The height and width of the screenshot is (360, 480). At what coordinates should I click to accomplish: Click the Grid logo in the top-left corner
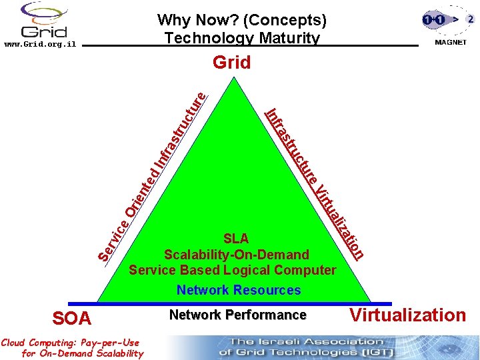(x=44, y=20)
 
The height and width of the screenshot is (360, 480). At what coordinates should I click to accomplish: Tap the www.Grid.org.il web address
(x=40, y=45)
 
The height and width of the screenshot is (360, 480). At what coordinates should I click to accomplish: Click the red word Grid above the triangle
(x=231, y=63)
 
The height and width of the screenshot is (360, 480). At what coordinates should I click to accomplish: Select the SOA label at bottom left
(x=71, y=319)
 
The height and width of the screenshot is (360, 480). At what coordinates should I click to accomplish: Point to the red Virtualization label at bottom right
(x=408, y=315)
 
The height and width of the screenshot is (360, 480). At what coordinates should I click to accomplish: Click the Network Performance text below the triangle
(x=237, y=315)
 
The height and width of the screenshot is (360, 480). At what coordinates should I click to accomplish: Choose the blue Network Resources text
(x=239, y=290)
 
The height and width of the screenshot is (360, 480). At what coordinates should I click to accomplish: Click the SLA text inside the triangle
(x=236, y=239)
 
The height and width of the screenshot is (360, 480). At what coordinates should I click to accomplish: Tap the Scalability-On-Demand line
(x=237, y=255)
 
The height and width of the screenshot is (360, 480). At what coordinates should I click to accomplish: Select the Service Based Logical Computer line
(x=232, y=270)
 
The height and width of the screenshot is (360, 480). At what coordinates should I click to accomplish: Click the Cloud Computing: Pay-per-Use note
(x=71, y=348)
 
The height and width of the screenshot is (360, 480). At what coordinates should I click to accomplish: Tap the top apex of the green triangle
(x=233, y=79)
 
